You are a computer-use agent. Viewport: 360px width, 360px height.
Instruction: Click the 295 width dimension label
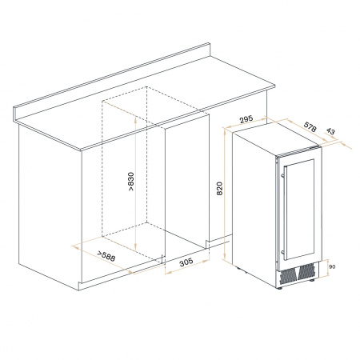coord(246,119)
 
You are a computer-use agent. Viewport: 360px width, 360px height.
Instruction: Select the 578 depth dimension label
coord(310,127)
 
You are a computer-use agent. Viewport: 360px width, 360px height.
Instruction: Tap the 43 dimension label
coord(330,131)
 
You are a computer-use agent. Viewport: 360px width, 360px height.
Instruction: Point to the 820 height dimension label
coord(219,188)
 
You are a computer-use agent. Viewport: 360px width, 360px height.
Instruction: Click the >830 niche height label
coord(130,182)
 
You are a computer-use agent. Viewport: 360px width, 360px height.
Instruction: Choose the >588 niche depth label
coord(106,256)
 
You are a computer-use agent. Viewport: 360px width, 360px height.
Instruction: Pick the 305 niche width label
coord(186,262)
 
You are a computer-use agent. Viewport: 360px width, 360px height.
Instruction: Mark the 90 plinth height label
coord(332,266)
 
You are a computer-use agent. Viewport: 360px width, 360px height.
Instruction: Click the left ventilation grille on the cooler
coord(287,276)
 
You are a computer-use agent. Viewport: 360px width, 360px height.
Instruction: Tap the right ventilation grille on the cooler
coord(306,271)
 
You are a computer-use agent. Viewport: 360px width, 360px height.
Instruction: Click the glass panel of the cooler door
coord(300,210)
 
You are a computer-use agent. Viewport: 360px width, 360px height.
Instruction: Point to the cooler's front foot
coord(278,288)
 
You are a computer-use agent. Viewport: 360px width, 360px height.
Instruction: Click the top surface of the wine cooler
coord(276,138)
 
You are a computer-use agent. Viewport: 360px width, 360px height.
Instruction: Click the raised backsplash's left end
coord(15,114)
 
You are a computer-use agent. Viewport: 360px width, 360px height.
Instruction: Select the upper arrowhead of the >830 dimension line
coord(136,119)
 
